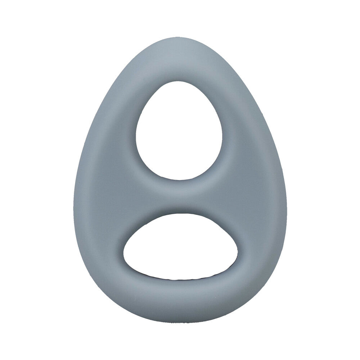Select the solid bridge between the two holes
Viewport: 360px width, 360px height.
[180, 196]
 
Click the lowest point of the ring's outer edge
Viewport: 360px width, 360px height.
[180, 323]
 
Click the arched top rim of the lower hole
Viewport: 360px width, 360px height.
[180, 214]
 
